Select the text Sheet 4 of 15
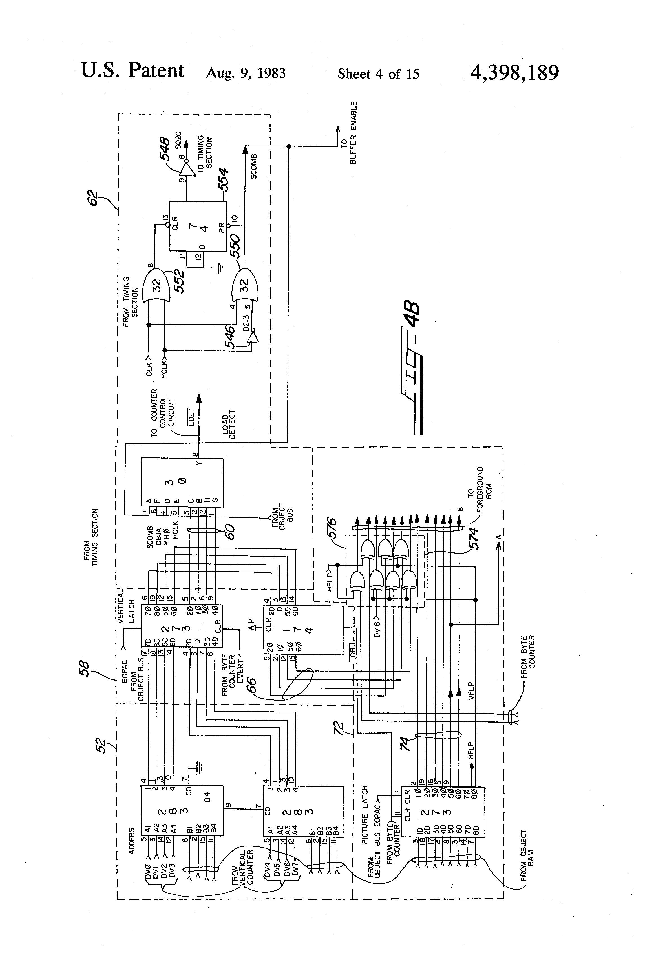pyautogui.click(x=378, y=74)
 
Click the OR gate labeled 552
pyautogui.click(x=156, y=286)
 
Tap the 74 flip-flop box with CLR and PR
pyautogui.click(x=198, y=226)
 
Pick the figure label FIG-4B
pyautogui.click(x=411, y=368)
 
